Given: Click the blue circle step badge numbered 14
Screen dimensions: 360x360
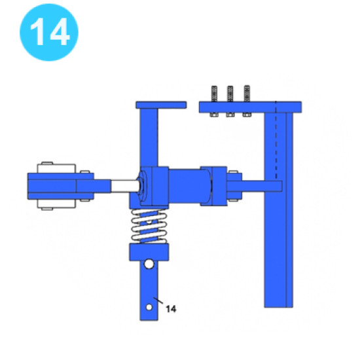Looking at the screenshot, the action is (x=49, y=32).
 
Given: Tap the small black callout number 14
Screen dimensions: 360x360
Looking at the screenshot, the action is (x=171, y=309).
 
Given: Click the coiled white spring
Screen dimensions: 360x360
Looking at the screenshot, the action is (x=149, y=226).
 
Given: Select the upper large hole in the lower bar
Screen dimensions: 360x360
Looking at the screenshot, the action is (x=149, y=264).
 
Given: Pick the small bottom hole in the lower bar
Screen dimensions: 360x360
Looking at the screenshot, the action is (x=149, y=307).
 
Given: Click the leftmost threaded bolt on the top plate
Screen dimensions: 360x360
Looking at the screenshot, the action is (x=214, y=94).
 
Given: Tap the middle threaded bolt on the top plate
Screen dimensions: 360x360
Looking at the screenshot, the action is (x=230, y=94).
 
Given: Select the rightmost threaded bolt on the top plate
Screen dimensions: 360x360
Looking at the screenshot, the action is (x=247, y=94).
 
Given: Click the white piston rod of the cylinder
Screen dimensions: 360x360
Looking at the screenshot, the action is (x=125, y=186).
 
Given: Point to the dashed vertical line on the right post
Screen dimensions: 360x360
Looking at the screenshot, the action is (x=276, y=140).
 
